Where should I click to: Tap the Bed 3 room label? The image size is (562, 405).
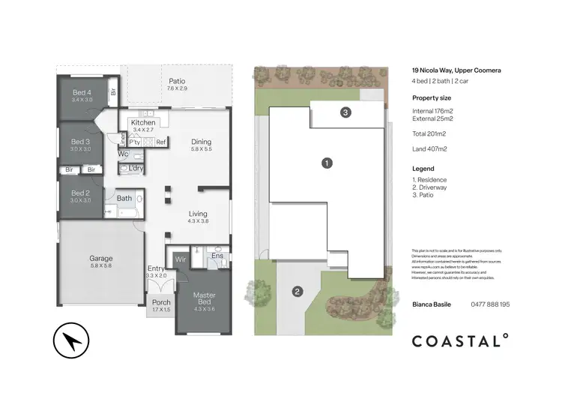(81, 142)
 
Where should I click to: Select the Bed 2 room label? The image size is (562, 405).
(81, 193)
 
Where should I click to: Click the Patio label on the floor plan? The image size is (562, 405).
(177, 81)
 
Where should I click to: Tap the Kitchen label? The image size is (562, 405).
(143, 123)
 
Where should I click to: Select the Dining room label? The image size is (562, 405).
(201, 142)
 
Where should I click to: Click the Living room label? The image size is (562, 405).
(198, 214)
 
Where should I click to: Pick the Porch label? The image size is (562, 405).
(161, 303)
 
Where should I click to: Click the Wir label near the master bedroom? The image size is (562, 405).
(180, 259)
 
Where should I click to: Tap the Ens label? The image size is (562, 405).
(217, 256)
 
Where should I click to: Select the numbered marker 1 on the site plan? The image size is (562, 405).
(326, 162)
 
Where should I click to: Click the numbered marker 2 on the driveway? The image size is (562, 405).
(297, 291)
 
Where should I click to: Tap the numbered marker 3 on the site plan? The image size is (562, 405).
(345, 112)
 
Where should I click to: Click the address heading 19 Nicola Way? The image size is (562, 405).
(456, 70)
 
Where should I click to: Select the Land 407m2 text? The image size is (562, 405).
(430, 148)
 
